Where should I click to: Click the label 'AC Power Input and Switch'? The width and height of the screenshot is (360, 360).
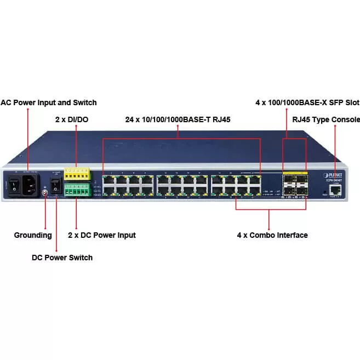click(48, 102)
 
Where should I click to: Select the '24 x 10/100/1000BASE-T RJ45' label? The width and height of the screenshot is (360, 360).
click(178, 119)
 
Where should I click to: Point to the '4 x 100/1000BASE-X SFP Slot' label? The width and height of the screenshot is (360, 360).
click(307, 102)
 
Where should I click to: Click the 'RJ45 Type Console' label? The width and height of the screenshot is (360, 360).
click(326, 119)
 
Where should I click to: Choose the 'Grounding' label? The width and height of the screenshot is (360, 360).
click(33, 235)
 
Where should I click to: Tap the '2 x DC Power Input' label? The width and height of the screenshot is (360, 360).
click(101, 235)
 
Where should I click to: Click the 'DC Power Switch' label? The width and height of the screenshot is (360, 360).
click(62, 258)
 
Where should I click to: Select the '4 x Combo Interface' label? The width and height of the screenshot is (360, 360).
click(272, 235)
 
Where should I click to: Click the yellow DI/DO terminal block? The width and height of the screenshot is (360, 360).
click(77, 174)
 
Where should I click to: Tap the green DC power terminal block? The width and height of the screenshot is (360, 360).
click(77, 189)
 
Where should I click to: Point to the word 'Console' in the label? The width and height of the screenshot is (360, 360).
click(346, 119)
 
